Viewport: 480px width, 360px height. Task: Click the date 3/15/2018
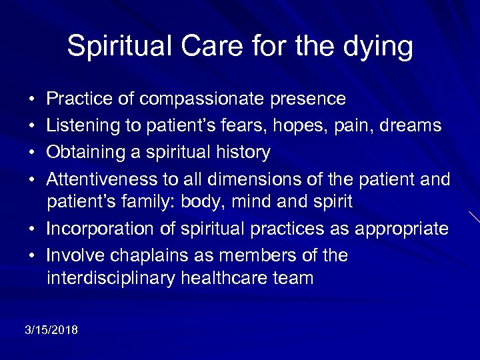(x=51, y=330)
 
